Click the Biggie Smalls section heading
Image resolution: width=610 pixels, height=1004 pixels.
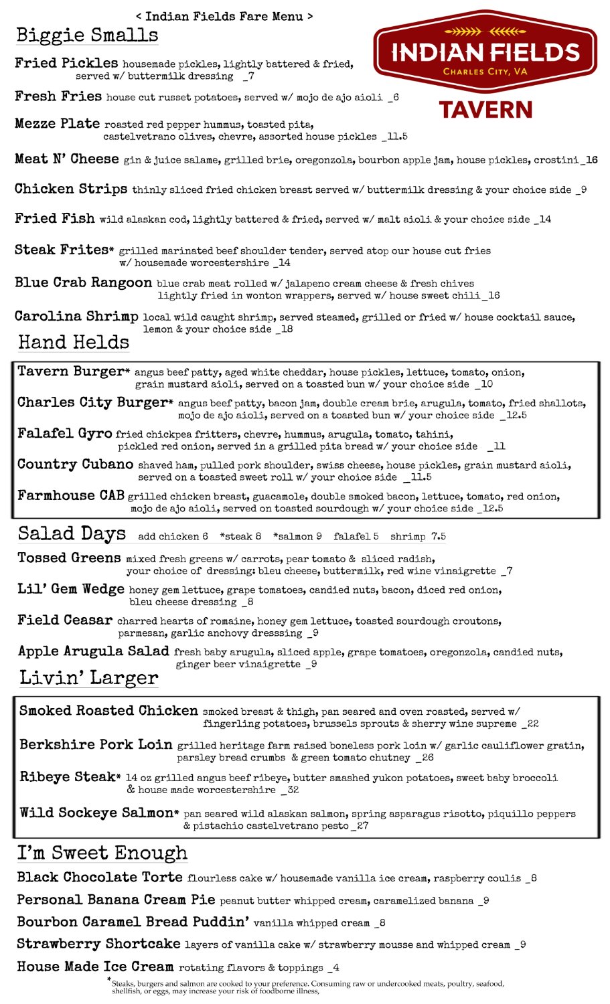87,35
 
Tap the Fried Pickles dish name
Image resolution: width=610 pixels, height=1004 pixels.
66,63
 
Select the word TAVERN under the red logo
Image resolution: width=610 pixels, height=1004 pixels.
485,110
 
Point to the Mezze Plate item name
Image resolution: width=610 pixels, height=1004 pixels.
58,124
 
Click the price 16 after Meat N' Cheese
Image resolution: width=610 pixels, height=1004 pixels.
590,160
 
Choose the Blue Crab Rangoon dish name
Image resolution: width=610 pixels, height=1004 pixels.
83,282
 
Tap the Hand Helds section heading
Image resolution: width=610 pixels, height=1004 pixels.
74,343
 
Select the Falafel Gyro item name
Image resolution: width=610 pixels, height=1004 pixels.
64,433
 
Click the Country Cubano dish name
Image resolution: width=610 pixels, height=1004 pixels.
75,464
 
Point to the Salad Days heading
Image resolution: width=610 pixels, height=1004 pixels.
72,533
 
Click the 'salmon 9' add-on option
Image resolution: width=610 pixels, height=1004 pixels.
301,536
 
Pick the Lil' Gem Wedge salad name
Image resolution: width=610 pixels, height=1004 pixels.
71,589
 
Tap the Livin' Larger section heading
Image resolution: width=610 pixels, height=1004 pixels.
88,678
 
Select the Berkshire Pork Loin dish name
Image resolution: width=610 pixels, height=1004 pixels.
96,744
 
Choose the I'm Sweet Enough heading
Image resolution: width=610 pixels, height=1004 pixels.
102,853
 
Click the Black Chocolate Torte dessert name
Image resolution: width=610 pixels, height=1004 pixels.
100,877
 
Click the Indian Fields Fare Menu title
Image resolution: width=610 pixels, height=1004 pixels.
224,16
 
